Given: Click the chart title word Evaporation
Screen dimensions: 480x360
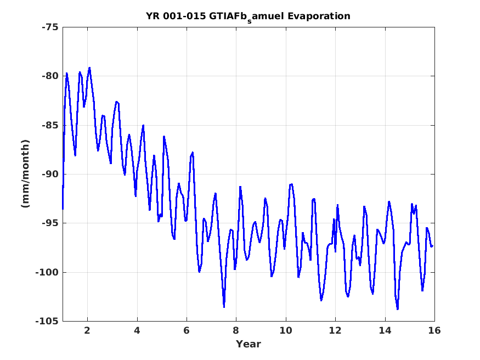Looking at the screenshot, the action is click(319, 16).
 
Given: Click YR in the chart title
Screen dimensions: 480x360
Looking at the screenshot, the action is click(153, 16).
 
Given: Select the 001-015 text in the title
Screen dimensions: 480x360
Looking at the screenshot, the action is click(184, 16).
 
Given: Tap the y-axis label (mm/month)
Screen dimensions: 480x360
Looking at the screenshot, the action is click(25, 173).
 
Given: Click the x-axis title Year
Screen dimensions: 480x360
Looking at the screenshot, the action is click(249, 344).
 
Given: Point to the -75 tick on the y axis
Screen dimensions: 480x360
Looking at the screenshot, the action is click(50, 27).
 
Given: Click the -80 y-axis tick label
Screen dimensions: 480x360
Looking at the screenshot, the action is click(50, 76).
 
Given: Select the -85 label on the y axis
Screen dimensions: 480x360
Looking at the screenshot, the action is click(50, 125).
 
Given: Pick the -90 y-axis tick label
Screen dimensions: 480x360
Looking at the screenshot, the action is click(50, 174).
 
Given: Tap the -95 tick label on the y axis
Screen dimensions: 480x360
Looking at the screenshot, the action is click(50, 223).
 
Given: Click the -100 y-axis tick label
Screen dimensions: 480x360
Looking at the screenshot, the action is click(47, 272).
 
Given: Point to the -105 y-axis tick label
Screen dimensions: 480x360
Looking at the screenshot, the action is click(47, 321).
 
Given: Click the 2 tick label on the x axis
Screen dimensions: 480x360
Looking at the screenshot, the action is click(88, 330).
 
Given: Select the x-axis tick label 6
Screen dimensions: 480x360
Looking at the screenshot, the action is click(187, 330).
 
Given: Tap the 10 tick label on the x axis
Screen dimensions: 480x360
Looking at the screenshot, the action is click(286, 330).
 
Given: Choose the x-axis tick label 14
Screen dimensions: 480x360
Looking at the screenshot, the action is click(385, 330).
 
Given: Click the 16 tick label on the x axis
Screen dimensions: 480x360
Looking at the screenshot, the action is click(434, 330).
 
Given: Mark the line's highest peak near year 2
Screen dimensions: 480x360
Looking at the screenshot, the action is click(89, 67).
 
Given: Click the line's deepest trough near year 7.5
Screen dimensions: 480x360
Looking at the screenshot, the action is click(224, 307).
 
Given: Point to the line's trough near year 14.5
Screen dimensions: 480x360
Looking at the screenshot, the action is click(397, 309).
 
